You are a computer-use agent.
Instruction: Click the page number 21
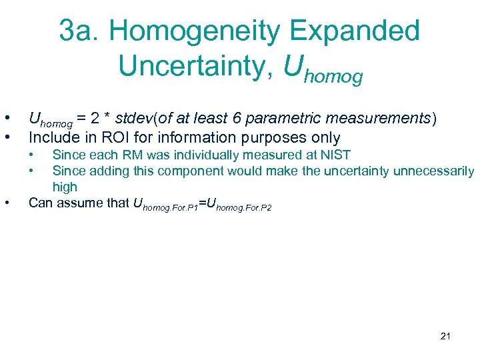(x=445, y=335)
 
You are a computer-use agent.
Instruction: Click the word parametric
(x=291, y=119)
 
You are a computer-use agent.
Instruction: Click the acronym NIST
(x=335, y=155)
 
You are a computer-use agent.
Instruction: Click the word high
(x=65, y=187)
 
